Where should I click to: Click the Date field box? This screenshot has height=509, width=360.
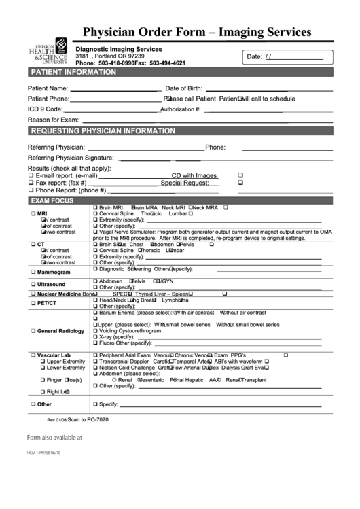click(289, 57)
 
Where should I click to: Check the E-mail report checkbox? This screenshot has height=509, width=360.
click(31, 175)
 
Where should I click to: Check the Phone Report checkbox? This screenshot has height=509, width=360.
click(31, 191)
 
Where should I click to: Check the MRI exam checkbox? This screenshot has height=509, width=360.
click(31, 213)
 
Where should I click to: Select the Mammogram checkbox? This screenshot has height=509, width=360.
click(31, 272)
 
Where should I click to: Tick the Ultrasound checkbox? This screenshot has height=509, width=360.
click(31, 284)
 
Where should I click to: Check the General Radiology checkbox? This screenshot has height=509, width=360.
click(31, 331)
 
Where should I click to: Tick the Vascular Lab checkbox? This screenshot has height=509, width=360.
click(31, 355)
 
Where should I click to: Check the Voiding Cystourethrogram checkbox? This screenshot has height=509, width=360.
click(96, 330)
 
